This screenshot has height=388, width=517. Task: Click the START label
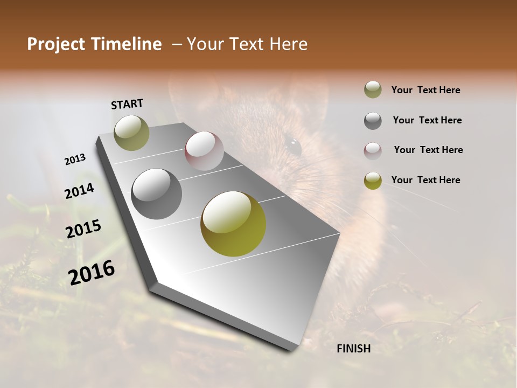coord(127,104)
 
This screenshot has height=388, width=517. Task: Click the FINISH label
coord(353,349)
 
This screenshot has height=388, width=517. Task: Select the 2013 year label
coord(75,160)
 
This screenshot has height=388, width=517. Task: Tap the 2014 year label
coord(79,191)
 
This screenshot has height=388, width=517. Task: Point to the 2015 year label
coord(83,229)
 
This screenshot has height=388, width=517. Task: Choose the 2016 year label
coord(92,272)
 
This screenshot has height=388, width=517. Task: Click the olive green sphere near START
coord(131,133)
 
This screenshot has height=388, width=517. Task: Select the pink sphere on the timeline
coord(204,151)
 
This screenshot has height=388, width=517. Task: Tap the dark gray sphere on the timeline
coord(156,194)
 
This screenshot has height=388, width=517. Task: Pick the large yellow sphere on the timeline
coord(233,224)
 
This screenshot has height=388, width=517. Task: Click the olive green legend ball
coord(373,90)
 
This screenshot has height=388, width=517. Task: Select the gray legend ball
coord(373,121)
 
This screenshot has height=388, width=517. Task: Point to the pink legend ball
coord(373,150)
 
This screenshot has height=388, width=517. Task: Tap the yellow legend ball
coord(373,181)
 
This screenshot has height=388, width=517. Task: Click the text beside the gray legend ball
coord(427,120)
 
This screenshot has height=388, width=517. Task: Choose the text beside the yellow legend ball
coord(425,180)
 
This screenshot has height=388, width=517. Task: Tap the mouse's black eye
coord(293,146)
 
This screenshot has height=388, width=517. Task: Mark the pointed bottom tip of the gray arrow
coord(291,350)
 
